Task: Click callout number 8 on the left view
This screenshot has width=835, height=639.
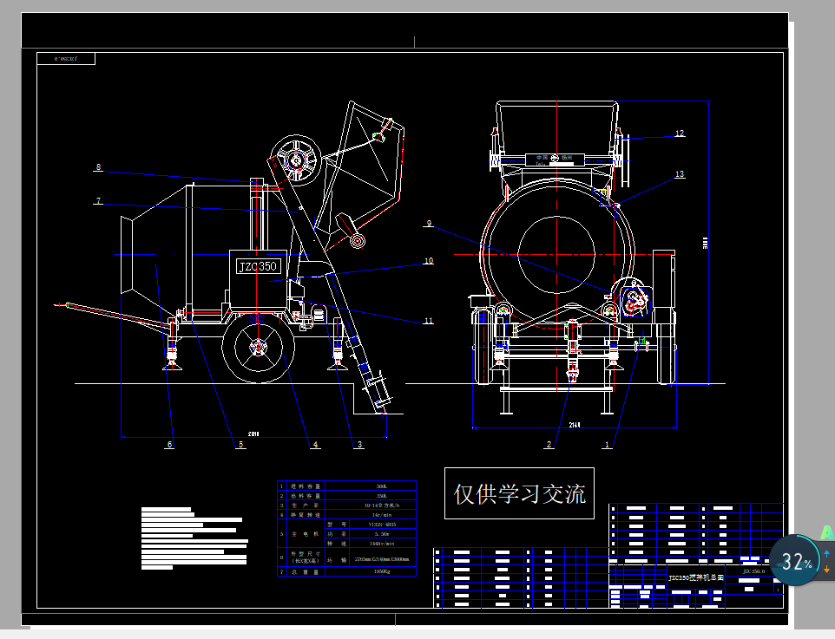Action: (x=98, y=167)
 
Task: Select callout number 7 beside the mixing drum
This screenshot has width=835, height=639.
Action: (x=99, y=201)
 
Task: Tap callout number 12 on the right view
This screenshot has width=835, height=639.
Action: (x=680, y=134)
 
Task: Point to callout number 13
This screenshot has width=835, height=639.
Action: (x=680, y=174)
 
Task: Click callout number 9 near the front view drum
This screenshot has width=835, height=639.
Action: (x=428, y=224)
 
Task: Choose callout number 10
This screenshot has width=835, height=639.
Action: (x=428, y=260)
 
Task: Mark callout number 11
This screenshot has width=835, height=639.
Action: (x=428, y=322)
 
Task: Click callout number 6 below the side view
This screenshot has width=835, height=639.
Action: (x=170, y=445)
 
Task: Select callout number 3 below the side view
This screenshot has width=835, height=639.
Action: (x=359, y=445)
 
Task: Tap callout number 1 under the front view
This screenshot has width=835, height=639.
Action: (x=607, y=445)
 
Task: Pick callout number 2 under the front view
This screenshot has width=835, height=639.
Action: (x=549, y=445)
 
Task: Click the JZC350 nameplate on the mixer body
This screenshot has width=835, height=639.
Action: (x=257, y=265)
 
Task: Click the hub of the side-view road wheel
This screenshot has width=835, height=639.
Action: (x=258, y=348)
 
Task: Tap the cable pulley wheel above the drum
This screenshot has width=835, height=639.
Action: (x=295, y=160)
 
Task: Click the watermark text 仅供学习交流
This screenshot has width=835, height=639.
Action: (x=519, y=493)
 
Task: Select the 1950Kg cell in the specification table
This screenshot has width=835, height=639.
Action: (x=381, y=572)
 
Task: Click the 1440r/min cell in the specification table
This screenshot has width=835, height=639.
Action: (x=381, y=544)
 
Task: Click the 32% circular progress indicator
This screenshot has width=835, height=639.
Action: (x=794, y=561)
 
